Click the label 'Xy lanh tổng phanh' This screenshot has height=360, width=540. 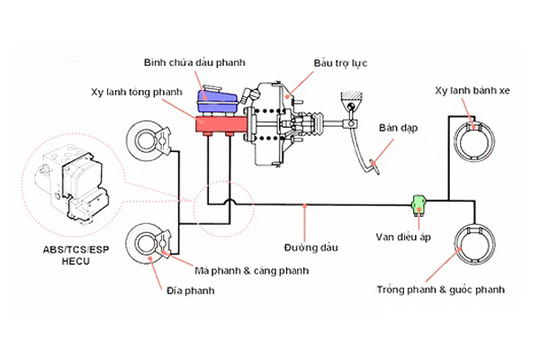coord(137,92)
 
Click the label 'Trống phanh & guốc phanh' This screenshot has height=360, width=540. coord(442,290)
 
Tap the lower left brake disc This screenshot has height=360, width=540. coord(147,243)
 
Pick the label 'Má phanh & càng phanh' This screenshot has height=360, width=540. coord(252,270)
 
